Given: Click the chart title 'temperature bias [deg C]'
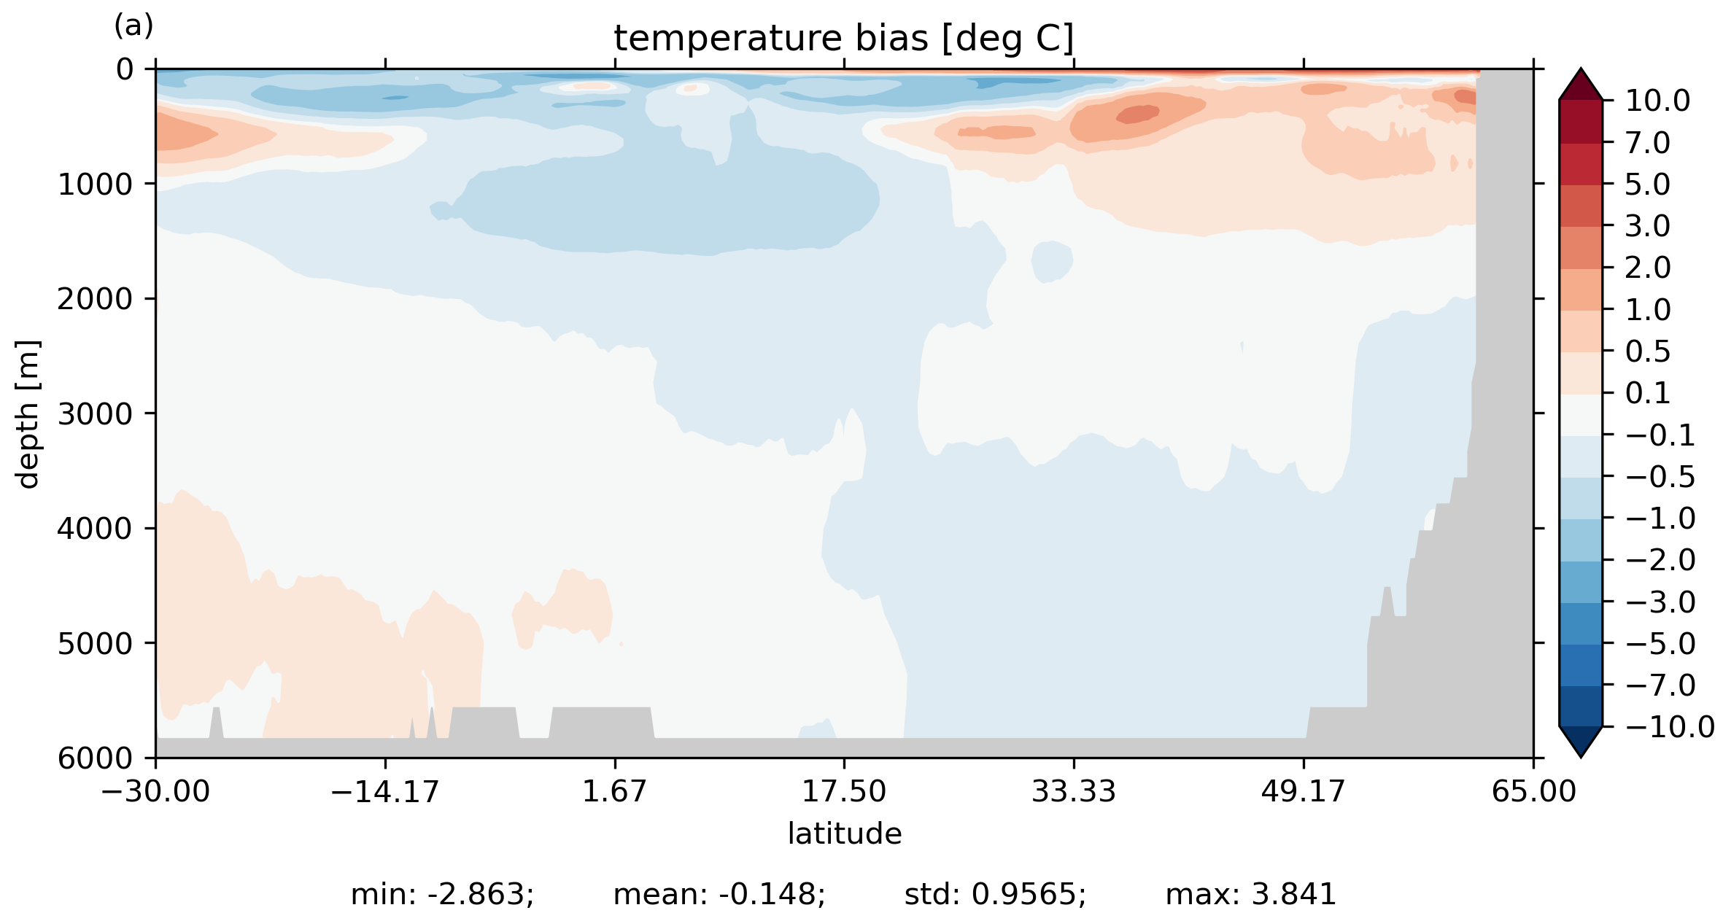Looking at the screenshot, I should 843,38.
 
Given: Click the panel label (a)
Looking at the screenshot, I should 133,26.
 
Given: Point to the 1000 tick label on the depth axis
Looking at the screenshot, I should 96,184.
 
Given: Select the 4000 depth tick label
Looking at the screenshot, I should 96,529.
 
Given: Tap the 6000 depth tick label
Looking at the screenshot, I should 96,758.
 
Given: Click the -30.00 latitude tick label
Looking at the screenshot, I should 155,791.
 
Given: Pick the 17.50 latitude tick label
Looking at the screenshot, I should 844,791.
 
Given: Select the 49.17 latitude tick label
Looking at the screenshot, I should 1303,791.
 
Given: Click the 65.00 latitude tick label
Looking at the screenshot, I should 1533,791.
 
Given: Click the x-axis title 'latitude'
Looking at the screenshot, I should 844,833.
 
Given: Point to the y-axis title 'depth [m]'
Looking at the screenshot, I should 28,413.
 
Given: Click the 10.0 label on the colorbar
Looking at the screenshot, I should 1657,101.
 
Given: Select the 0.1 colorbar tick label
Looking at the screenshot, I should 1647,394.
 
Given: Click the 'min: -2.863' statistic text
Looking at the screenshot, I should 442,895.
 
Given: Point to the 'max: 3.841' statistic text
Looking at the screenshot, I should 1250,895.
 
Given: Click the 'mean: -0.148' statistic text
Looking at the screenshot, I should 719,895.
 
